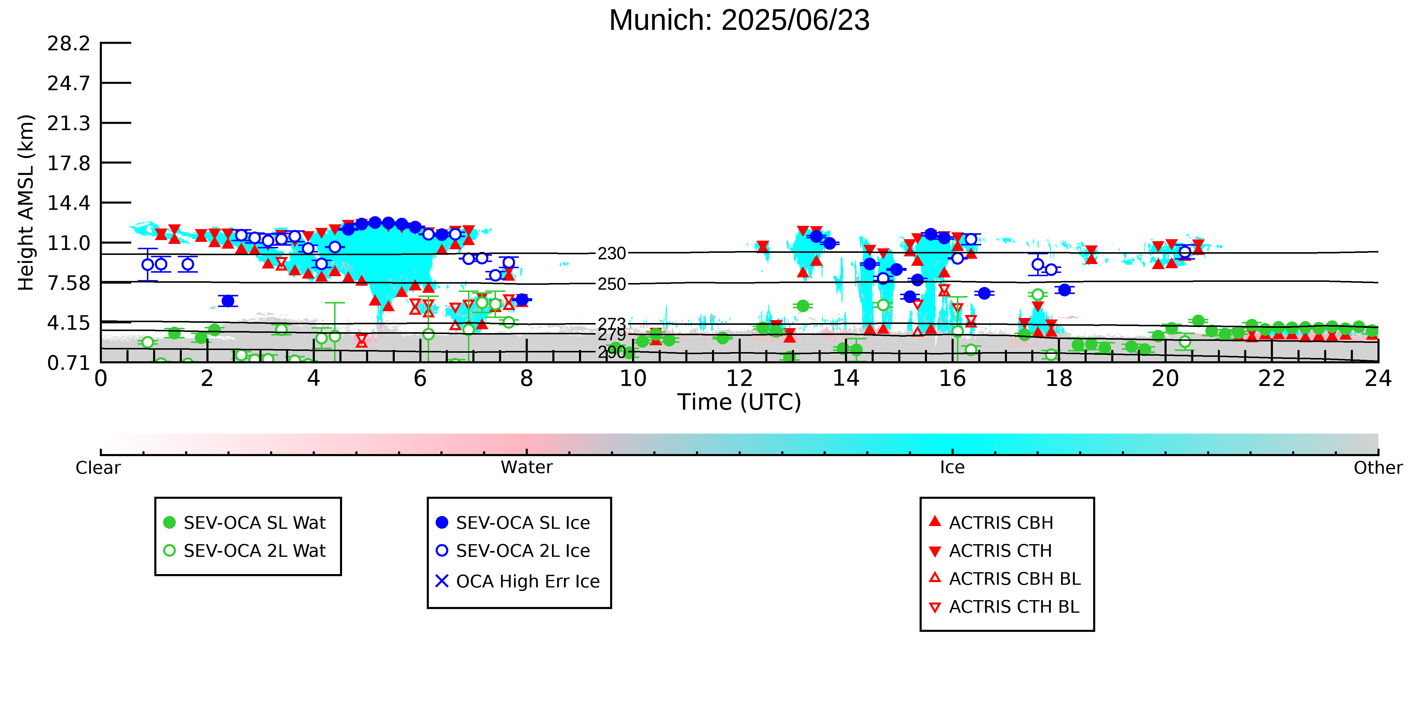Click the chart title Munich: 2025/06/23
pos(739,20)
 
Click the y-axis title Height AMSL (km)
pos(26,203)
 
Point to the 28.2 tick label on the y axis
pos(68,43)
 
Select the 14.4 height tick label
pos(68,203)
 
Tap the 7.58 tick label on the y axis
pos(68,283)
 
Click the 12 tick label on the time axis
pos(739,379)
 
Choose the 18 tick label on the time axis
pos(1058,379)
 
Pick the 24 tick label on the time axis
pos(1378,379)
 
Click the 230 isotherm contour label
pos(612,253)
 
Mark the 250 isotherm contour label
pos(612,284)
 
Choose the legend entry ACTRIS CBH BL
pos(1005,579)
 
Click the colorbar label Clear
pos(98,468)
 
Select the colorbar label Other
pos(1378,468)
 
